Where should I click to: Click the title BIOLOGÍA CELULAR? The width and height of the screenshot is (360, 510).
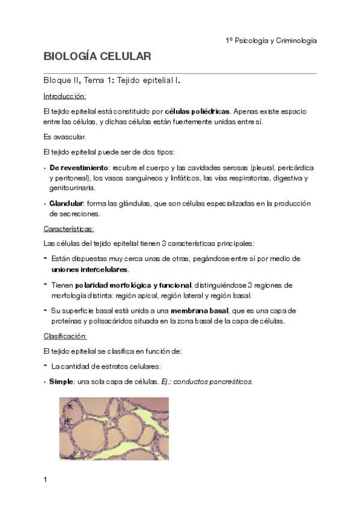coord(97,57)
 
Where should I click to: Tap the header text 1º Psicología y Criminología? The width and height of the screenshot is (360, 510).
coord(270,40)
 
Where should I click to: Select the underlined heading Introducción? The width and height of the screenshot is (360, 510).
coord(65,96)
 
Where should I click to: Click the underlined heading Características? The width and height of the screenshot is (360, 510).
coord(69,229)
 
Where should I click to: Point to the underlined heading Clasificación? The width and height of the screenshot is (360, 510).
coord(66,336)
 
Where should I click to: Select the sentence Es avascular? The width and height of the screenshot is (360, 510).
coord(61,137)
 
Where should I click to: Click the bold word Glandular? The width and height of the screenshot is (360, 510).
coord(66,203)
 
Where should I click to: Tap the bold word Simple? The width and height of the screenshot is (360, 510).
coord(61,381)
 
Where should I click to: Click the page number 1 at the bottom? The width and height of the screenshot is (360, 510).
coord(45,479)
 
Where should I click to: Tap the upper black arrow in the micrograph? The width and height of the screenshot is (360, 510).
coord(70,407)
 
